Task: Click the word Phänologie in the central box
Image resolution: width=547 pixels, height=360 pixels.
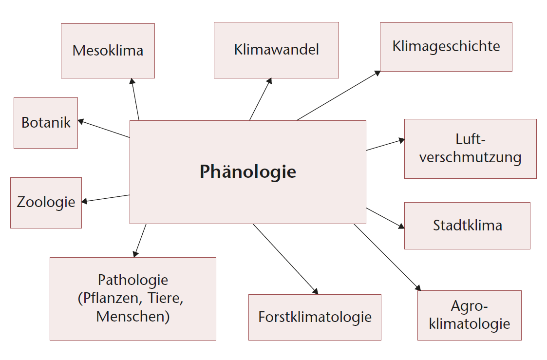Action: (247, 172)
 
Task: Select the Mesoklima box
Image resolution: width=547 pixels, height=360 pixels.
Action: (108, 51)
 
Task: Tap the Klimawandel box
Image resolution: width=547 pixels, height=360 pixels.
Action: (276, 50)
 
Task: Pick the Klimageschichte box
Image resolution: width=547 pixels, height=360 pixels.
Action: (446, 47)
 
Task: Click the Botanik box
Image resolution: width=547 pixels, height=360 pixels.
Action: (46, 123)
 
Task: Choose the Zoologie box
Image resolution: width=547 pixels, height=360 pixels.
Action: (46, 203)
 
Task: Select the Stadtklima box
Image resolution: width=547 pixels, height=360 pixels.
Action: (467, 226)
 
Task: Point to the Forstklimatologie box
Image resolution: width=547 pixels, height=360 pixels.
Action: (315, 317)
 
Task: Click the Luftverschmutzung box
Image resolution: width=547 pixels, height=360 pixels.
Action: (470, 149)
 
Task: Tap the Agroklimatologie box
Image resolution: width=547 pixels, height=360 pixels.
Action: (469, 315)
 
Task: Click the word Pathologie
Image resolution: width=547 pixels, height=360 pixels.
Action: (133, 280)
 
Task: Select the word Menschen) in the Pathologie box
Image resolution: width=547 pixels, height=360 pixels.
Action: (133, 317)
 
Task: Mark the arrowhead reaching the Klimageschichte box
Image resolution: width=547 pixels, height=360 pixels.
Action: (377, 73)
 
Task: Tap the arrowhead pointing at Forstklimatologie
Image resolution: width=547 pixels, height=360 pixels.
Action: (315, 292)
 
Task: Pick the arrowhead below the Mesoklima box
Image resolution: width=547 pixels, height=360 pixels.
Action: (132, 81)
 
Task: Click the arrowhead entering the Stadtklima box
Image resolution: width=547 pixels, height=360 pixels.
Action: (402, 227)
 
